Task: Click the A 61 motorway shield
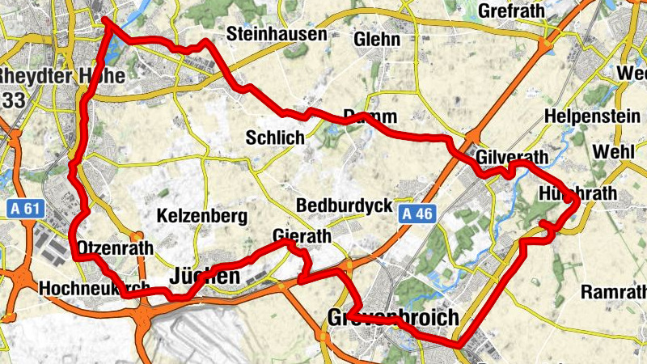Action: (26, 209)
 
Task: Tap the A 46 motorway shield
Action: (417, 214)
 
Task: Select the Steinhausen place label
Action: (277, 35)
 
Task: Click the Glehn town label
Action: (377, 40)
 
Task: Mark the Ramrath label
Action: (614, 291)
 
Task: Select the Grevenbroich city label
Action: (394, 316)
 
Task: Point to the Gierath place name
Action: (302, 237)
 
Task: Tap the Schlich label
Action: (277, 138)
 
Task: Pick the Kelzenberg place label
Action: (202, 217)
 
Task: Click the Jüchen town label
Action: (204, 277)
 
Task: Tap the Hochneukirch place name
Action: (94, 287)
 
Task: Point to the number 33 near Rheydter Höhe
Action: (12, 99)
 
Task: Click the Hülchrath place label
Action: (577, 193)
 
